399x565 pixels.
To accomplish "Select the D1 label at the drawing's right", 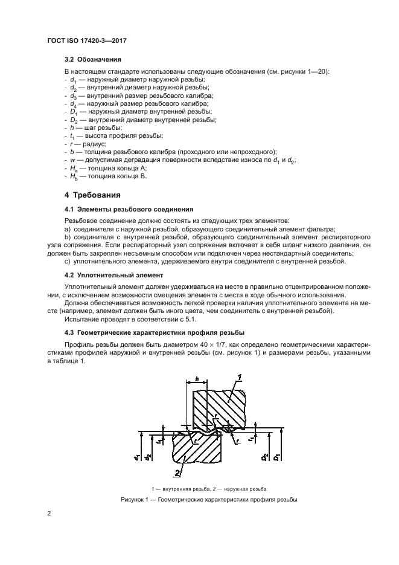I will [276, 455].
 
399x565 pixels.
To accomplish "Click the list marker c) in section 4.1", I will [67, 261].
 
